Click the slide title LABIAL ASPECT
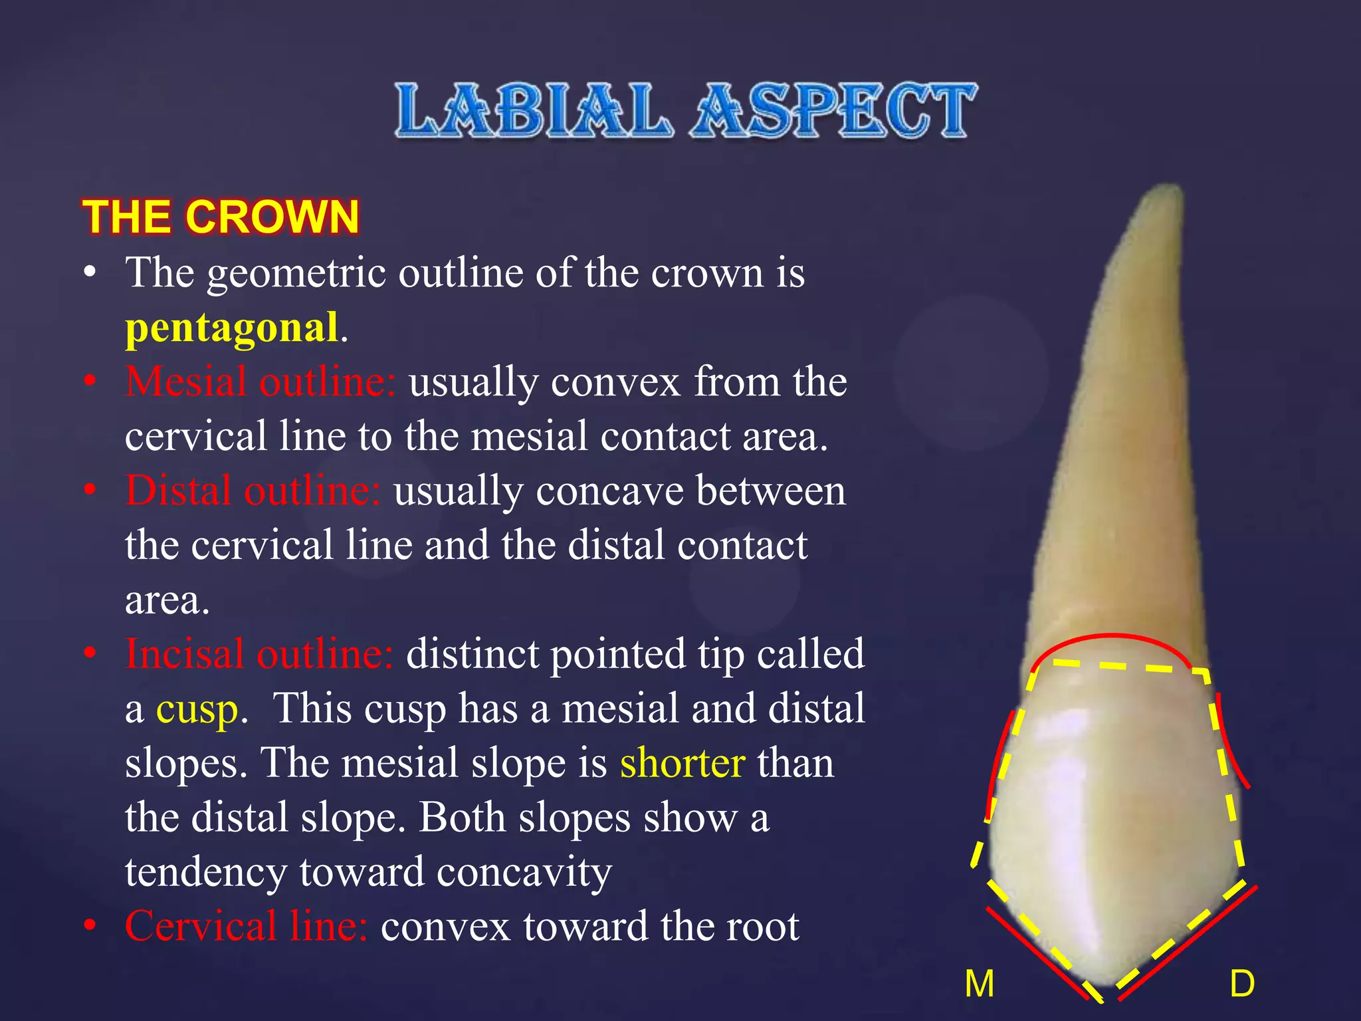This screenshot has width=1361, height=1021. click(x=686, y=110)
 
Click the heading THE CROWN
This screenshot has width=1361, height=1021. click(x=221, y=217)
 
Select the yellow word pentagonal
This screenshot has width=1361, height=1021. click(x=232, y=327)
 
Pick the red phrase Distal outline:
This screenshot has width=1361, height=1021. click(x=253, y=491)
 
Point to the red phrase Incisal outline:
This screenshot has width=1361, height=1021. click(x=259, y=654)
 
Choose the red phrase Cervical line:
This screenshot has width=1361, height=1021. click(x=247, y=926)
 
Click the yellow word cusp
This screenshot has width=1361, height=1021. click(x=197, y=709)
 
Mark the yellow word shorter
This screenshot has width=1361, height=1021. click(x=682, y=763)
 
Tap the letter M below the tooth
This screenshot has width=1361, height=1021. click(x=980, y=984)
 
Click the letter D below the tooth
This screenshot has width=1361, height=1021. click(x=1242, y=984)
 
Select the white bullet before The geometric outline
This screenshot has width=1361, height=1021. click(x=90, y=273)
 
